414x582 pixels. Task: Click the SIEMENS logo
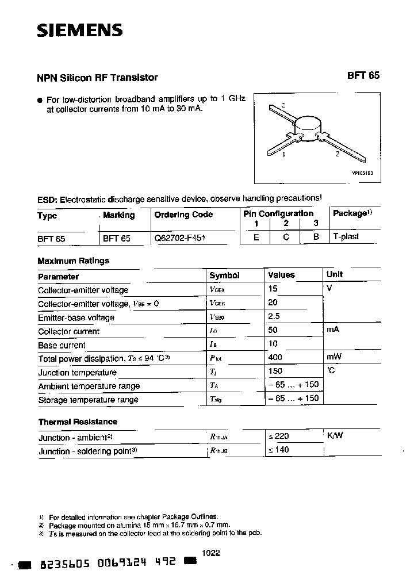pyautogui.click(x=79, y=31)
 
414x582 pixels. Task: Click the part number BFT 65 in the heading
pyautogui.click(x=363, y=75)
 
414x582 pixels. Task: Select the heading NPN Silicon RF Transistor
pyautogui.click(x=97, y=78)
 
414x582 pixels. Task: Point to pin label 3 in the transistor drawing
pyautogui.click(x=284, y=105)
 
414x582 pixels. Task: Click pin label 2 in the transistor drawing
pyautogui.click(x=338, y=154)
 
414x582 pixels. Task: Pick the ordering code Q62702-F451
pyautogui.click(x=180, y=237)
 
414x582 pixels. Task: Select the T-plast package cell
pyautogui.click(x=346, y=236)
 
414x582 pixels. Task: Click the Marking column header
pyautogui.click(x=118, y=215)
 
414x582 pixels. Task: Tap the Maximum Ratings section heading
pyautogui.click(x=73, y=261)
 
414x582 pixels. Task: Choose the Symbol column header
pyautogui.click(x=224, y=275)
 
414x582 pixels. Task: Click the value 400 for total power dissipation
pyautogui.click(x=276, y=357)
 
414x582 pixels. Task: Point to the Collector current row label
pyautogui.click(x=68, y=331)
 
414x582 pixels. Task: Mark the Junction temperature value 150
pyautogui.click(x=276, y=371)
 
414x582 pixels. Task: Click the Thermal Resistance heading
pyautogui.click(x=78, y=422)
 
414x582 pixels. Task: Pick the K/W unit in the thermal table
pyautogui.click(x=335, y=436)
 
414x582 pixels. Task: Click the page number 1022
pyautogui.click(x=212, y=553)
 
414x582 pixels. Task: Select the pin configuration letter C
pyautogui.click(x=286, y=236)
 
